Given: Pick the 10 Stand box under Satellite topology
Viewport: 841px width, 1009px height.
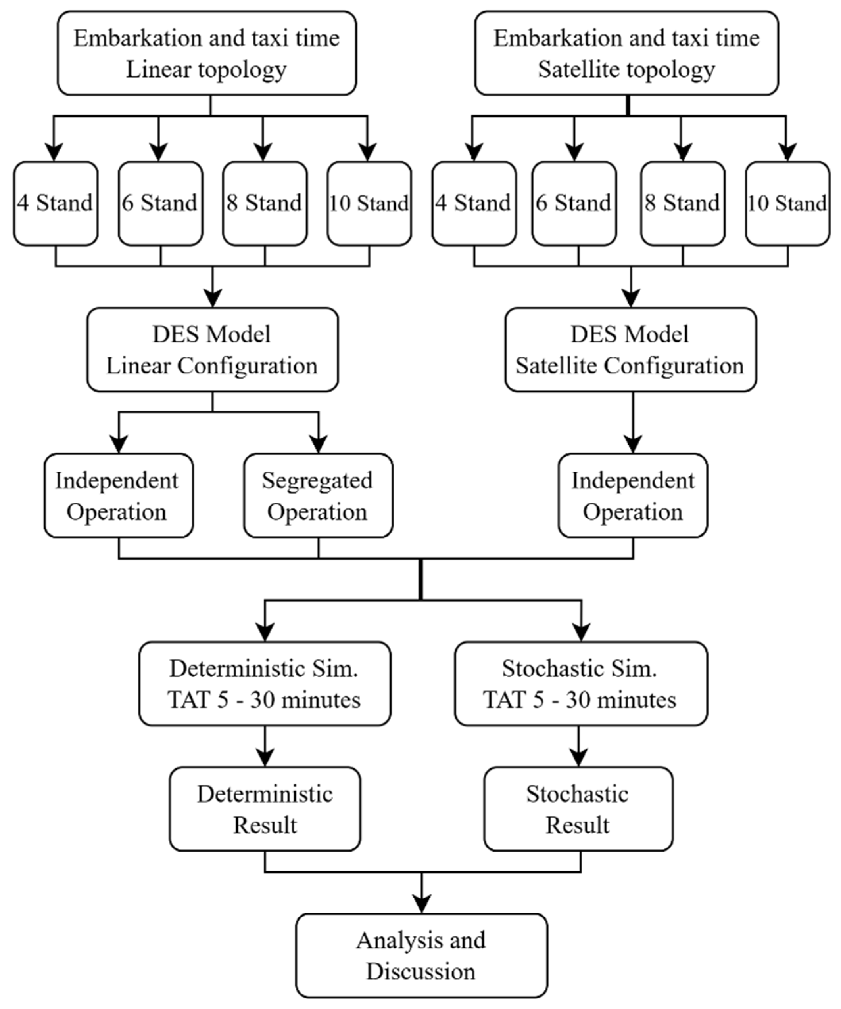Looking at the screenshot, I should click(787, 204).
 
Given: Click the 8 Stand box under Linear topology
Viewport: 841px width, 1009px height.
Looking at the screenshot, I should click(265, 204).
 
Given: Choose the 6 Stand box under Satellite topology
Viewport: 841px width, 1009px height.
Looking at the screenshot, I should click(574, 204).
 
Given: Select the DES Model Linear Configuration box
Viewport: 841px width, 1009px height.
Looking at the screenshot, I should click(212, 350).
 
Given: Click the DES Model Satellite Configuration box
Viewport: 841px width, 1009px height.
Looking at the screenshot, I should click(630, 350).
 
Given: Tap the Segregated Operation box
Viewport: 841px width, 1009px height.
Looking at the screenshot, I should click(318, 495).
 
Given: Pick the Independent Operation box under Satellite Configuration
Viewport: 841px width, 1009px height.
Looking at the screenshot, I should click(632, 495).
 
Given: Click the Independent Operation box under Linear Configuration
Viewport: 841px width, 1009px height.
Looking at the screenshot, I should click(118, 495).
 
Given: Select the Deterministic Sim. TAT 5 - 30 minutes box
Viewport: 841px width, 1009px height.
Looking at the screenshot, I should click(265, 684).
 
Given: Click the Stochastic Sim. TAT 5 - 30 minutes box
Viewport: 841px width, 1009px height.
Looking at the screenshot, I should click(580, 684).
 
